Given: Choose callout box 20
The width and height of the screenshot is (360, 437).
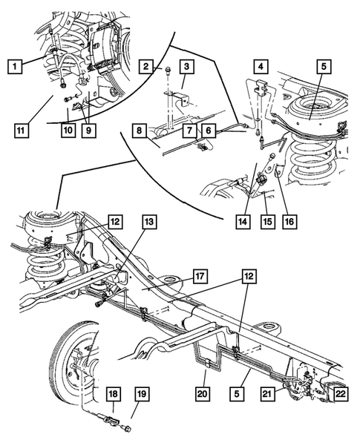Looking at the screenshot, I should (201, 393).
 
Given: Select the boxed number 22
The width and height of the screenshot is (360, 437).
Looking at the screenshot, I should (340, 393).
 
